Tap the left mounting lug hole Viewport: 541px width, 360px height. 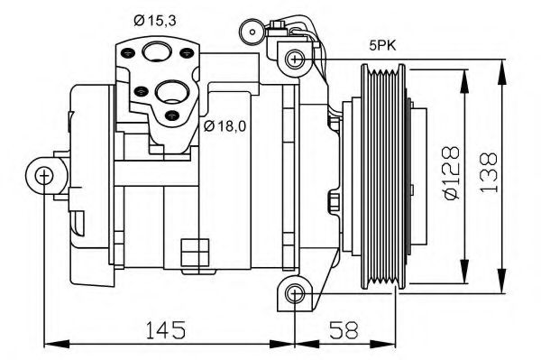point(43,176)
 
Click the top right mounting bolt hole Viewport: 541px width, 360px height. point(293,60)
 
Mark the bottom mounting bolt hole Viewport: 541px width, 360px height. point(293,293)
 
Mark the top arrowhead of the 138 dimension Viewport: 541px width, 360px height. point(501,64)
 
